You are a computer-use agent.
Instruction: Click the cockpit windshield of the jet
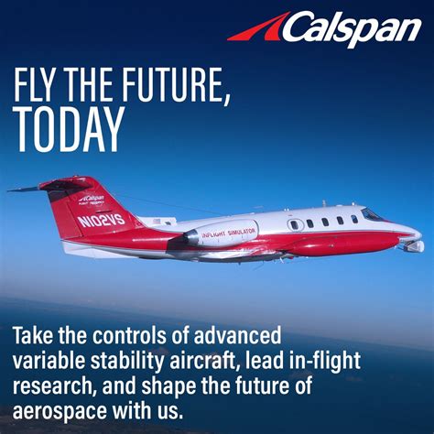[371, 214]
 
